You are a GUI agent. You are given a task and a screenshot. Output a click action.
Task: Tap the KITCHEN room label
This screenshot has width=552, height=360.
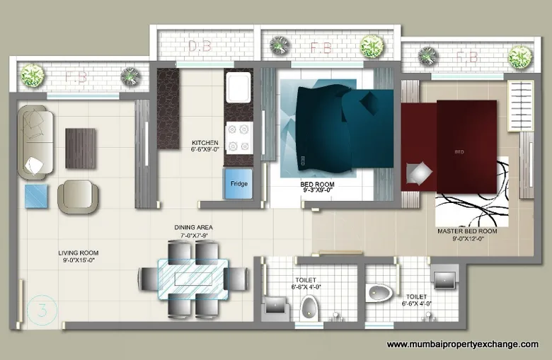coord(205,146)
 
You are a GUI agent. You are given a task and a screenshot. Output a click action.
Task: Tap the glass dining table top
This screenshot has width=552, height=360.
coord(190,277)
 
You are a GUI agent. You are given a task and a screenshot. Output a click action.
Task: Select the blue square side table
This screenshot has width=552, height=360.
coord(37,195)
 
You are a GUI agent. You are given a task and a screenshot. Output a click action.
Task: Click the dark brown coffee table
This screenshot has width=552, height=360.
coord(80,148)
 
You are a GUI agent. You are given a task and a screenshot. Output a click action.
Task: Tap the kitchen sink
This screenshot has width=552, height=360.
coord(236,88)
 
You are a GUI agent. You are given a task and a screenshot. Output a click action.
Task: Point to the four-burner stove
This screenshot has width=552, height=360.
coord(237,137)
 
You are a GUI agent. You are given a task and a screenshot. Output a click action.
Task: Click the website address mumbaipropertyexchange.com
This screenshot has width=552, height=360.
coord(462,344)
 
